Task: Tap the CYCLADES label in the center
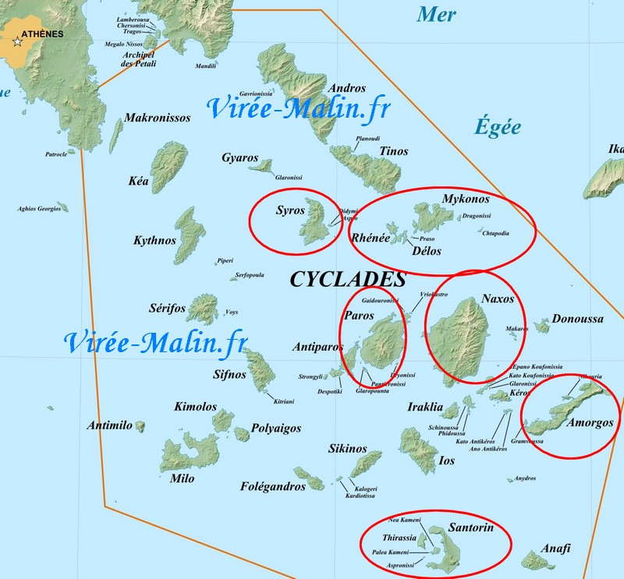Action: tap(348, 280)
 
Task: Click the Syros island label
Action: tap(290, 210)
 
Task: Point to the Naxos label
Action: tap(498, 298)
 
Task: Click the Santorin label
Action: tap(471, 528)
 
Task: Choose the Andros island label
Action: tap(348, 88)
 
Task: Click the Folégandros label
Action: tap(273, 486)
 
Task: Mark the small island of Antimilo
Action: tap(140, 426)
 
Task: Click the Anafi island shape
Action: tap(539, 560)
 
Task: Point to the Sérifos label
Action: tap(168, 308)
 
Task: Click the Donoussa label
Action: tap(577, 319)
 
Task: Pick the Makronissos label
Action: tap(158, 118)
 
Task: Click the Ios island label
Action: tap(447, 461)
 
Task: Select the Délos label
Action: tap(426, 251)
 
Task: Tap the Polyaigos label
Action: tap(275, 429)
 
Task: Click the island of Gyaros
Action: tap(266, 166)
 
